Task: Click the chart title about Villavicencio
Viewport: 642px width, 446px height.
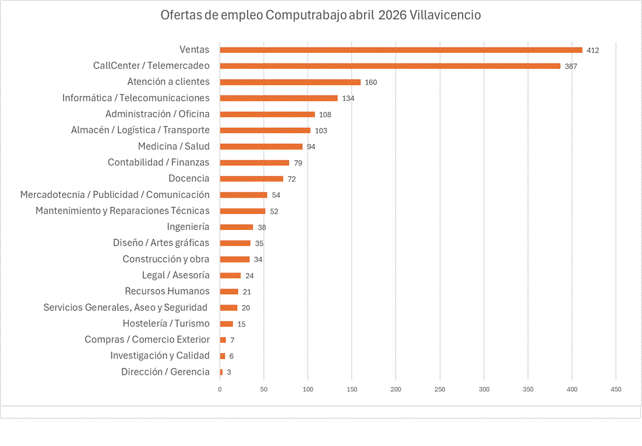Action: coord(320,15)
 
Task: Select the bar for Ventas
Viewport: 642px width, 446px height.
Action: coord(401,50)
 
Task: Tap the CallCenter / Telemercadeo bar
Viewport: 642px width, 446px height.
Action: coord(390,66)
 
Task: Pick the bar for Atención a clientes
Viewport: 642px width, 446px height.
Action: coord(290,82)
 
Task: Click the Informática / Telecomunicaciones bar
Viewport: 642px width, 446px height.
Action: coord(278,98)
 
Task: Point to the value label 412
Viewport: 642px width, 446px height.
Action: coord(592,51)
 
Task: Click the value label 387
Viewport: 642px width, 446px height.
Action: coord(570,66)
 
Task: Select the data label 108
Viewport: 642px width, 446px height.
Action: coord(325,115)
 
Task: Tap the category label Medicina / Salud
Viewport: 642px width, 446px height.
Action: coord(174,146)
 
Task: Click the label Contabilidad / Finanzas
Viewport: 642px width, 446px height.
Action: coord(158,162)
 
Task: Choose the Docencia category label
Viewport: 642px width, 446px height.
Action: coord(189,178)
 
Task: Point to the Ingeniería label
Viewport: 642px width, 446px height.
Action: coord(188,226)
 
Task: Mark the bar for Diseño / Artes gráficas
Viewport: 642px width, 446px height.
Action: coord(235,243)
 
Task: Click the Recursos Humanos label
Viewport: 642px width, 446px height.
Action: coord(167,291)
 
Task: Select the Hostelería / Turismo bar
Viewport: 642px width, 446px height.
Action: coord(226,324)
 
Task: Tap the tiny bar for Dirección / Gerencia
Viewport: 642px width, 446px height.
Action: coord(221,372)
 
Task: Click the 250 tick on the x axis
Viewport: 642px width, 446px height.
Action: coord(440,389)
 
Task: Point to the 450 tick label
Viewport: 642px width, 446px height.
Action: coord(616,389)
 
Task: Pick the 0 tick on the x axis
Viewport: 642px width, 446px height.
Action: coord(220,389)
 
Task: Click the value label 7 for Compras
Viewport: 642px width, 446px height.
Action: coord(232,340)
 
